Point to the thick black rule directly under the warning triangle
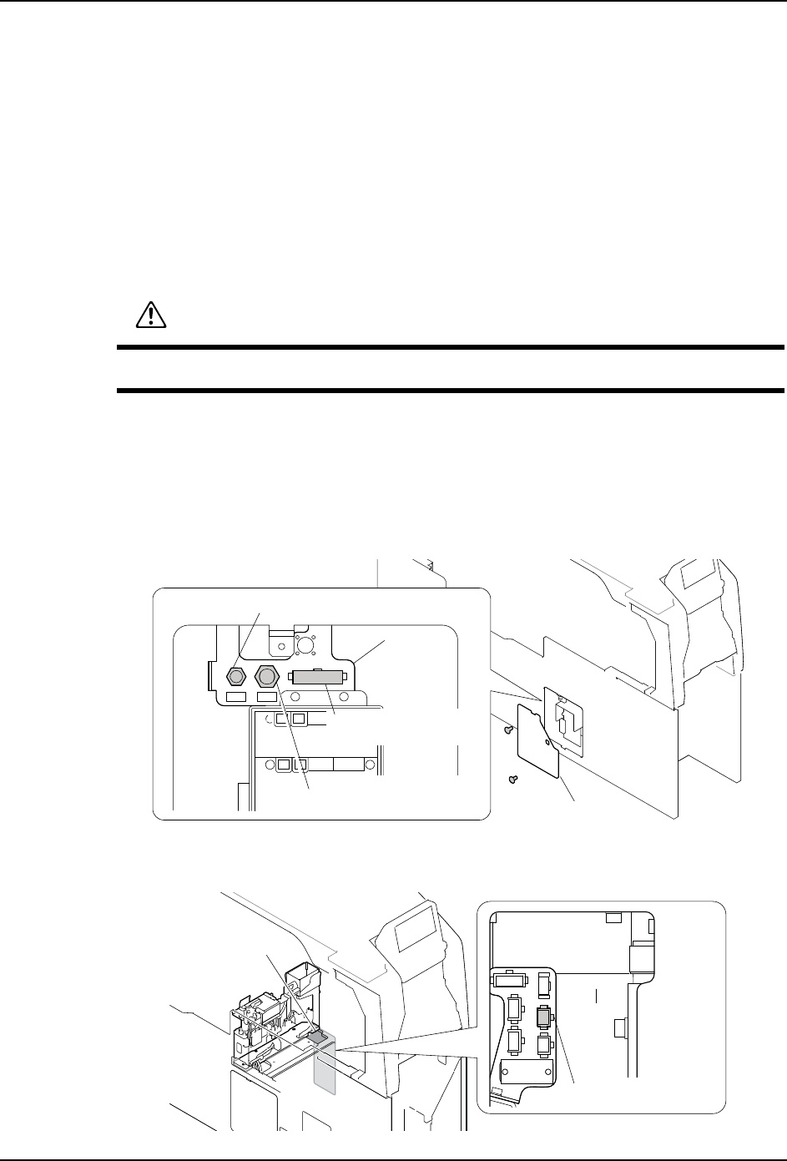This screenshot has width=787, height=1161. click(x=451, y=347)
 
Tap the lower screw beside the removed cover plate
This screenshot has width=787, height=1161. click(x=514, y=780)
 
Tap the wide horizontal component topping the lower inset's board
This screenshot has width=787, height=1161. click(x=509, y=979)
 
